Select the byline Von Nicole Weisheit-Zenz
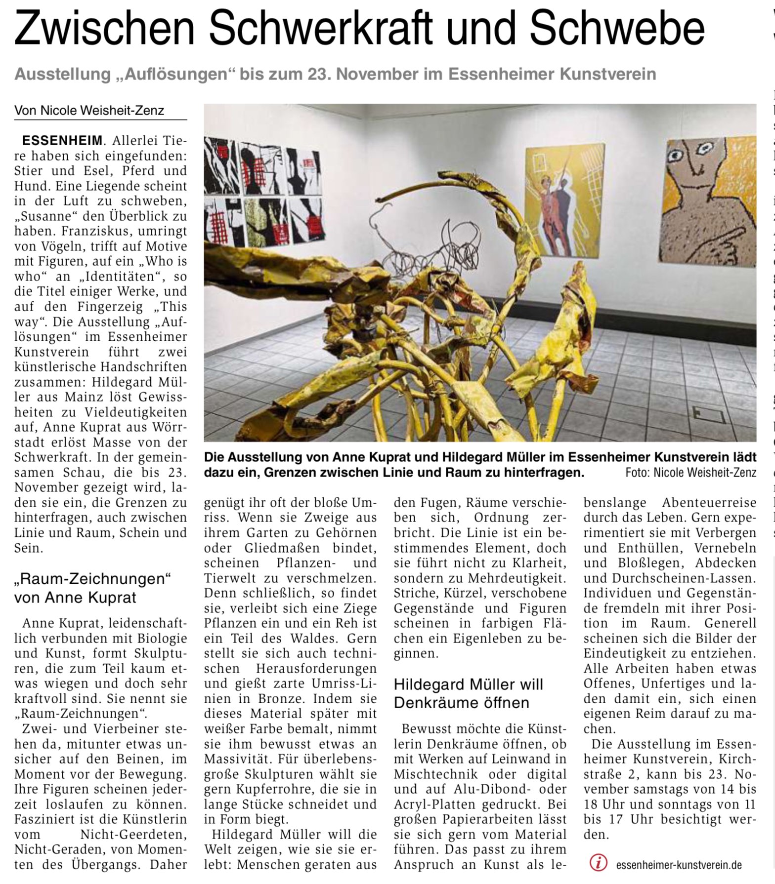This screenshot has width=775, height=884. click(x=89, y=111)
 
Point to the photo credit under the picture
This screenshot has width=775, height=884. click(x=690, y=473)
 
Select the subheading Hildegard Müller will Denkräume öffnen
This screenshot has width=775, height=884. click(x=468, y=693)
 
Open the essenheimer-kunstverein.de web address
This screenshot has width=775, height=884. click(x=679, y=865)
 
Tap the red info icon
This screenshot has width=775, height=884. click(x=599, y=863)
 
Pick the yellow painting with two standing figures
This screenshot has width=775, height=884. click(x=564, y=201)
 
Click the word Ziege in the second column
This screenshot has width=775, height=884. click(x=360, y=608)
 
